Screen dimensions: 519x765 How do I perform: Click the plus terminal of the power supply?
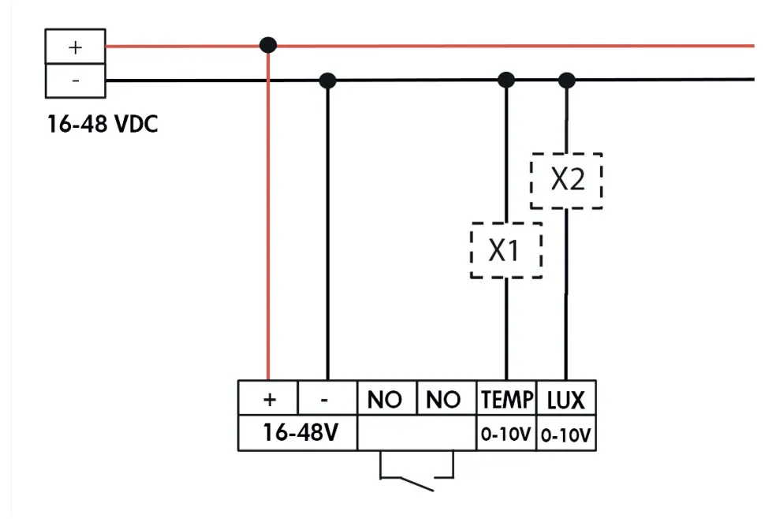coord(75,47)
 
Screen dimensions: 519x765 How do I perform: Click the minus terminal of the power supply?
coord(75,80)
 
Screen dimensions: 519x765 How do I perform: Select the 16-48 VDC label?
coord(103,125)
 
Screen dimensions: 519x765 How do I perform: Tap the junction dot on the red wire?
coord(268,45)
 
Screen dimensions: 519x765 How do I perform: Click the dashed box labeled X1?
coord(506,251)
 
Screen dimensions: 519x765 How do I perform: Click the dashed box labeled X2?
coord(566,181)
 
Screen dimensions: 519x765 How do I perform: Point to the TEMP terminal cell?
coord(506,400)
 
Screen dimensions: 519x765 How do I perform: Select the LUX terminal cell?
coord(566,400)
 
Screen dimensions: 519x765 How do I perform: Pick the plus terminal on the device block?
coord(269,400)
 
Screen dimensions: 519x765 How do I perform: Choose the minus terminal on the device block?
coord(327,400)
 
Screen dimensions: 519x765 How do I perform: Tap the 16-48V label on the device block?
coord(298,433)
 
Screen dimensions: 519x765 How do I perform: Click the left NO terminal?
coord(386,400)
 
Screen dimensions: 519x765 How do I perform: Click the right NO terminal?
coord(444,400)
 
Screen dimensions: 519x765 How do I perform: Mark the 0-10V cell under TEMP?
coord(506,434)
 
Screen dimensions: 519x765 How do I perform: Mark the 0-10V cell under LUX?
coord(566,434)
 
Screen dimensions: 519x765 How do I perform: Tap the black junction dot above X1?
coord(506,80)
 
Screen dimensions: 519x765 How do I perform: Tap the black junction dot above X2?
coord(566,80)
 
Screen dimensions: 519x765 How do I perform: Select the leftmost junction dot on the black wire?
coord(327,80)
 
